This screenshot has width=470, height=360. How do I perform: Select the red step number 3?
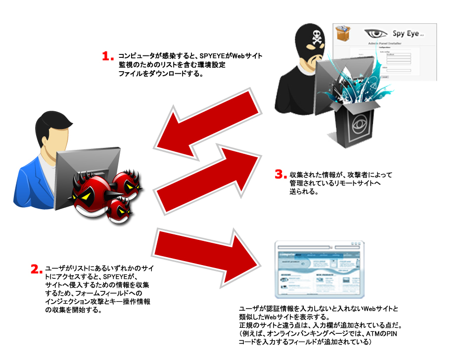(280, 175)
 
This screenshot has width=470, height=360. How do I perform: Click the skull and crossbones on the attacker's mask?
(315, 36)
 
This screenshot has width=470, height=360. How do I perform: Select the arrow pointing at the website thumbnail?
(208, 254)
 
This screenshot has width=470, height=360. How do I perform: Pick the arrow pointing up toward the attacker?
(208, 170)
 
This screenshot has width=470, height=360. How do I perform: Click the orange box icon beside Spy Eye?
(344, 34)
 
